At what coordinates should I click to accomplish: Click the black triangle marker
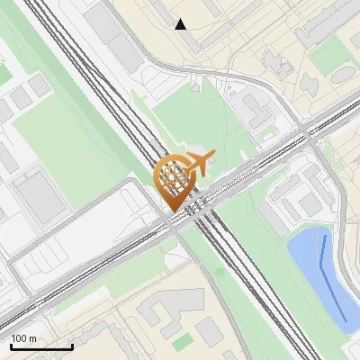[181, 24]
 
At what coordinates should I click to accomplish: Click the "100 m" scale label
[24, 338]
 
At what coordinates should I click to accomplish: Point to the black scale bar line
[41, 346]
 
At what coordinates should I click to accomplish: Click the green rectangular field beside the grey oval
[326, 56]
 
